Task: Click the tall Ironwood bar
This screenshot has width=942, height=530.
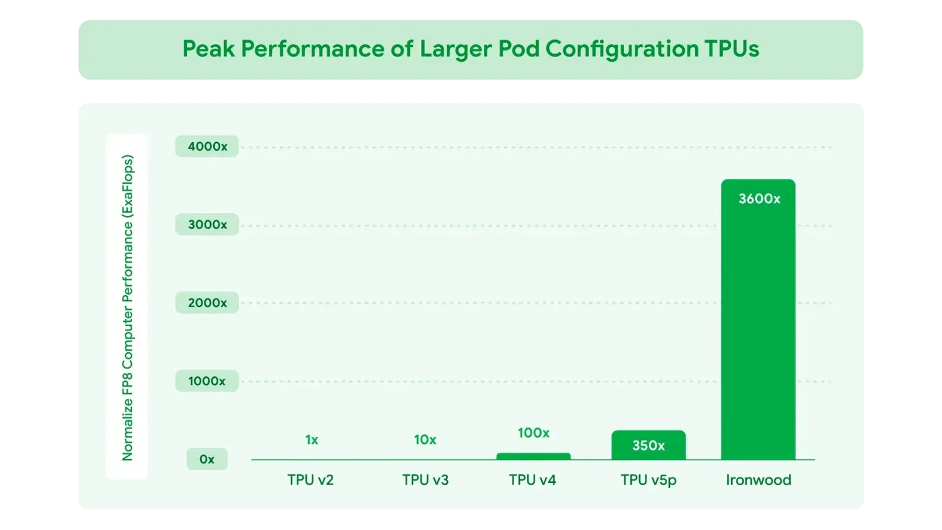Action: [758, 320]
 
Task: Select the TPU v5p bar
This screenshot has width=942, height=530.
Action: [648, 445]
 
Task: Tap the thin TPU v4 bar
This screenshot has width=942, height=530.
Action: [533, 456]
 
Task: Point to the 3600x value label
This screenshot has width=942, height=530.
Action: [759, 198]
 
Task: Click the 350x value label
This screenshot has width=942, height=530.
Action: [648, 445]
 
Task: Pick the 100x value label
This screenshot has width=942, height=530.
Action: [533, 433]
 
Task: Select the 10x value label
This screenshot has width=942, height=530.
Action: [425, 439]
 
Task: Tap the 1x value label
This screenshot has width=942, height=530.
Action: [311, 439]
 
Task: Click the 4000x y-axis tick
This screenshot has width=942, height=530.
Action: [207, 147]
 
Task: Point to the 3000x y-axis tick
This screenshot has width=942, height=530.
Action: [207, 224]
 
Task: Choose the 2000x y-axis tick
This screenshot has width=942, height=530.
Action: [207, 303]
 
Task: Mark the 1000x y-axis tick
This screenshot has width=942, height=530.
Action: [207, 381]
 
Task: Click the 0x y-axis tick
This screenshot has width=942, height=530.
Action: [207, 459]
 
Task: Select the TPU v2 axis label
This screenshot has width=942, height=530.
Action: [310, 480]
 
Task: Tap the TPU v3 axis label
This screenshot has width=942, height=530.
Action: [425, 480]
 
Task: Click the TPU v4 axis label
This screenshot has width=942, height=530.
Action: [532, 480]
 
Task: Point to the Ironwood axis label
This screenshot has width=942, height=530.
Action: [759, 480]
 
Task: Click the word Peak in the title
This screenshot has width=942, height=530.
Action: [208, 48]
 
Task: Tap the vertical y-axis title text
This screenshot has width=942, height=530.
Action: [127, 307]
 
